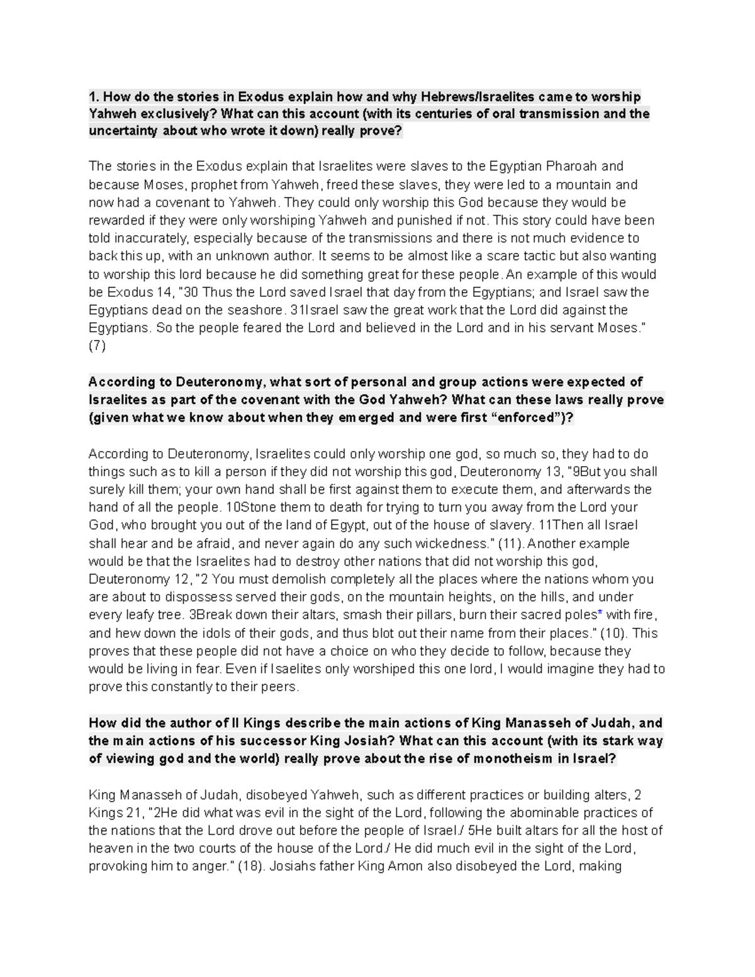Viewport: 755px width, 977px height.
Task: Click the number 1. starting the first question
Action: pyautogui.click(x=94, y=97)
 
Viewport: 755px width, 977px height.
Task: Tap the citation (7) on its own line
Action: pyautogui.click(x=98, y=346)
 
